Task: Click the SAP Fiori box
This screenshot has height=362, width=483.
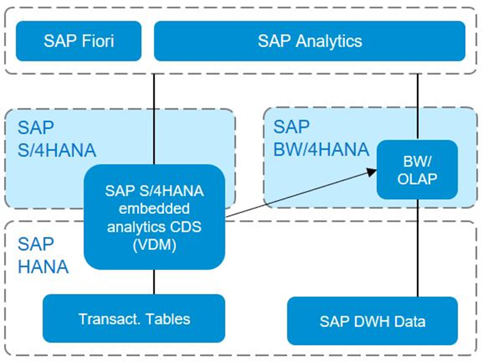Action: [x=78, y=41]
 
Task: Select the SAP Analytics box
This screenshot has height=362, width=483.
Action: [x=309, y=41]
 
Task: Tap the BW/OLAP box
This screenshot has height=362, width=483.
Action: [x=417, y=169]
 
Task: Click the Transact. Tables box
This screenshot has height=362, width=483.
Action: [x=134, y=319]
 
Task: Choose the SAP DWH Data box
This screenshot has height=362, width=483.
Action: [x=373, y=321]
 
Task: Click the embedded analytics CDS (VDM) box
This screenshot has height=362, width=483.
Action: [x=154, y=217]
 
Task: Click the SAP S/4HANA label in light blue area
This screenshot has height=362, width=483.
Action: [x=56, y=138]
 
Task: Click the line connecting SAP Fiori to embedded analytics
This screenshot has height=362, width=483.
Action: [x=154, y=118]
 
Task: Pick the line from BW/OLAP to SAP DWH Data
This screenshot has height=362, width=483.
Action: [x=418, y=247]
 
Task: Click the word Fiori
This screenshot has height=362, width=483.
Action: [x=96, y=41]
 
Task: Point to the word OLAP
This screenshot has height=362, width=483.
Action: [x=417, y=178]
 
